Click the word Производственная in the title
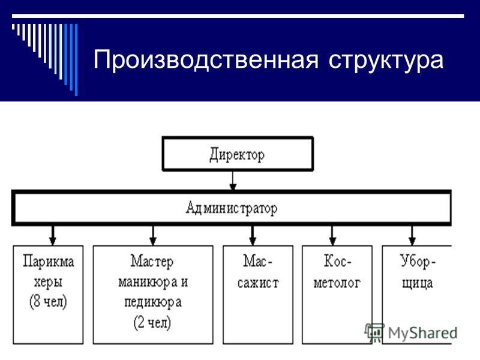click(206, 59)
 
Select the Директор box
click(238, 154)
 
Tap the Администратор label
click(232, 208)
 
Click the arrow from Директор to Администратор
click(233, 181)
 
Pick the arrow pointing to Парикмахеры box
click(53, 235)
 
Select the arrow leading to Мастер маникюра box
click(153, 235)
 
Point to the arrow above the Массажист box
click(253, 235)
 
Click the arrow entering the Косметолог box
click(333, 235)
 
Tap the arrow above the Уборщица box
click(412, 235)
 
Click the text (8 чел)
click(48, 302)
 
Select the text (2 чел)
click(152, 322)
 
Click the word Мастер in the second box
click(152, 262)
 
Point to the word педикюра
click(153, 302)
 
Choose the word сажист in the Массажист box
click(258, 283)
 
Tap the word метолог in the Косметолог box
click(337, 283)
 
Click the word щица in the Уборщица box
click(417, 283)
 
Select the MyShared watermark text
click(423, 333)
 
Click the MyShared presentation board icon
click(374, 332)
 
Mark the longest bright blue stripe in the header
click(76, 59)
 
